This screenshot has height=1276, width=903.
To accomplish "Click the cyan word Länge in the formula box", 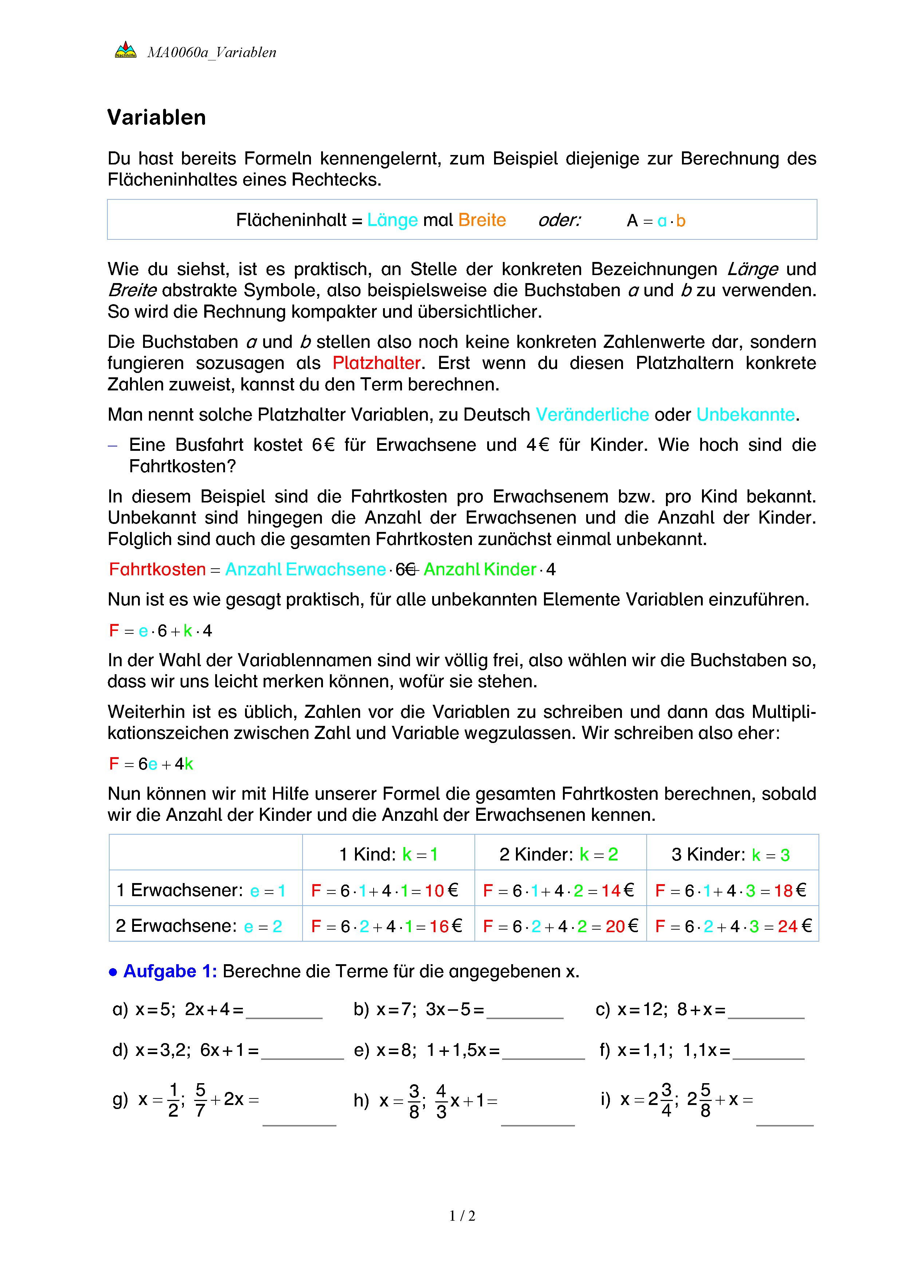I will coord(392,220).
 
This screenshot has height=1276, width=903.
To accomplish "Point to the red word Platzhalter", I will coord(376,363).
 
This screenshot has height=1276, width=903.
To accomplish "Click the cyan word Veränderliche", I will coord(592,414).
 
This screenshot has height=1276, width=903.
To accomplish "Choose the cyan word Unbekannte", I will coord(745,414).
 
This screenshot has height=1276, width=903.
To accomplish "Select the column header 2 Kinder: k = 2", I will coord(559,854).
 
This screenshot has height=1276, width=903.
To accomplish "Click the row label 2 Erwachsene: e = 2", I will coord(198,926).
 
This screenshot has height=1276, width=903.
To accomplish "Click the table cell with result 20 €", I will coord(560,926).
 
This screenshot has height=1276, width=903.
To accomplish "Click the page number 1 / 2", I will coord(462,1216).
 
